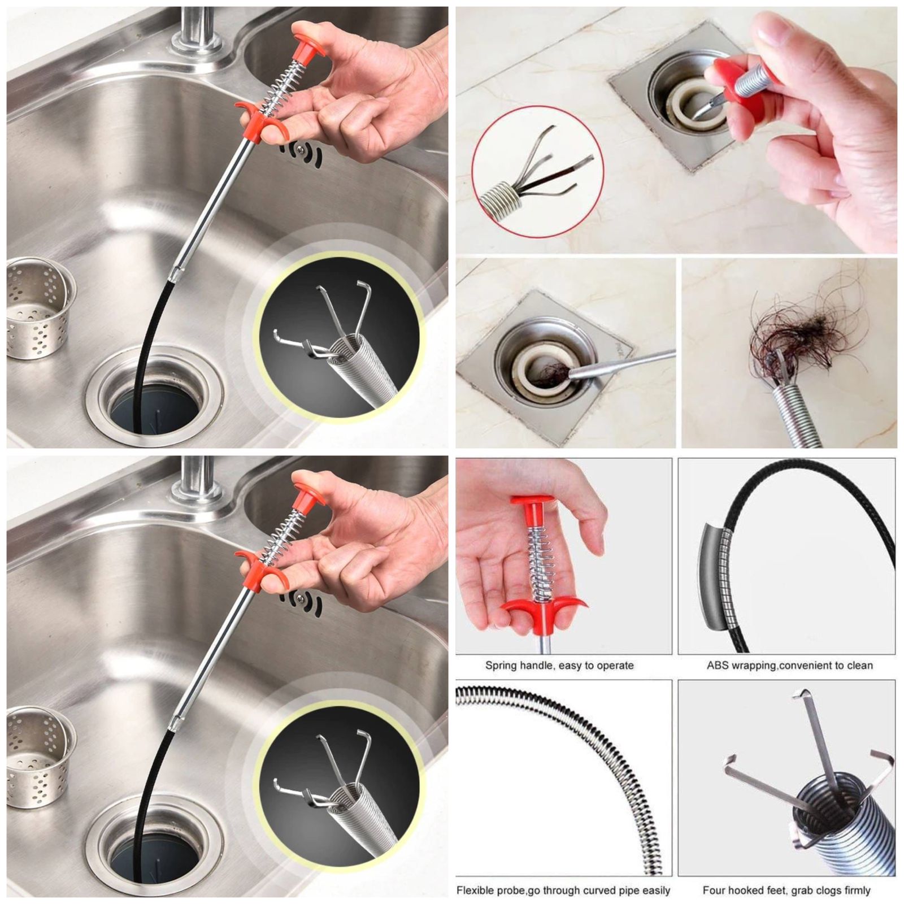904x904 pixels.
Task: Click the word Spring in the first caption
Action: point(501,666)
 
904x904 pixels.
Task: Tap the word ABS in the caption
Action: point(718,666)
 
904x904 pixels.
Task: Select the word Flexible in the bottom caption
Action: point(476,890)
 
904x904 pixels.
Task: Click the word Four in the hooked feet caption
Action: point(714,890)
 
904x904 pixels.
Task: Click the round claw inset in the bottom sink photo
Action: point(340,785)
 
